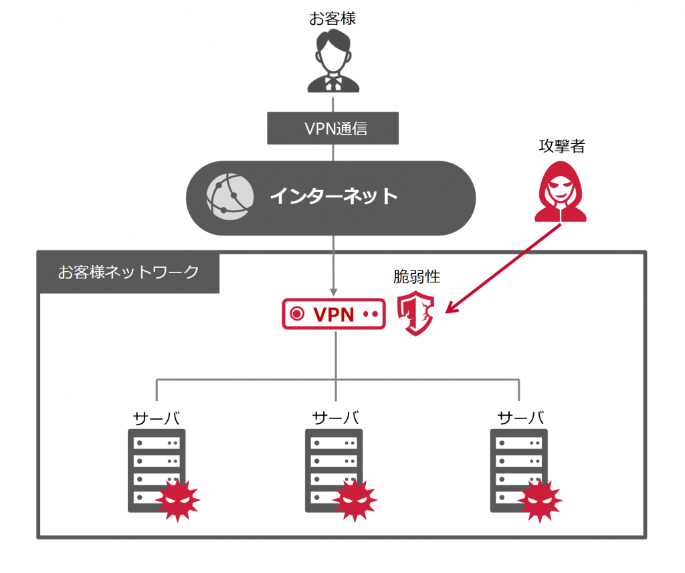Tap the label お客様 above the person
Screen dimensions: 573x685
coord(332,18)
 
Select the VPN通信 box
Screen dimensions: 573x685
coord(333,128)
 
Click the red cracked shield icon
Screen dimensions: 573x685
coord(415,313)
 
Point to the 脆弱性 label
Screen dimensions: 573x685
coord(417,276)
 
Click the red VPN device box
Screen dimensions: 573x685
coord(334,314)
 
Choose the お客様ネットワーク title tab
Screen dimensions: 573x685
coord(128,272)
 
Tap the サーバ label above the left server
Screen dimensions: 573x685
coord(157,418)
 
